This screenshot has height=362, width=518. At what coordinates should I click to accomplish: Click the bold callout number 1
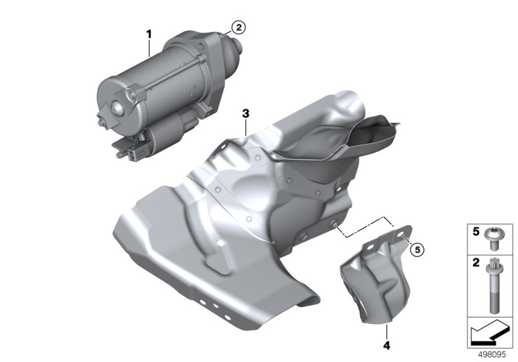tap(149, 34)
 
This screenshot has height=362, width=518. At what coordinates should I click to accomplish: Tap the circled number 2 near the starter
tap(238, 27)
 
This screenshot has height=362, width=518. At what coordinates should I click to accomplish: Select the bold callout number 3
tap(245, 114)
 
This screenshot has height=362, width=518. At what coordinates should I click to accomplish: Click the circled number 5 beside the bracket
tap(417, 250)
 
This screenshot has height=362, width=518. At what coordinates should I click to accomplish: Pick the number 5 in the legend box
tap(476, 232)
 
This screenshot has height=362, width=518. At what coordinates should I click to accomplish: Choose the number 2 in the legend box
tap(476, 262)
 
